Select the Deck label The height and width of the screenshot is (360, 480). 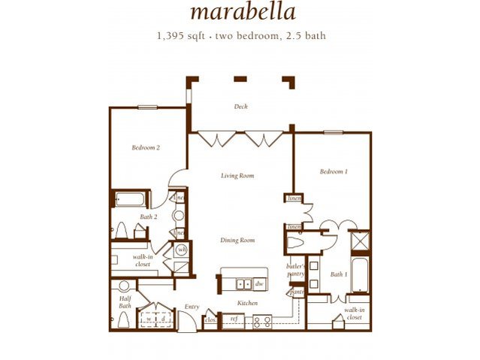click(240, 107)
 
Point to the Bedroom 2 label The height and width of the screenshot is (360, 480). click(145, 148)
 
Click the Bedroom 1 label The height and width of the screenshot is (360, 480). click(333, 171)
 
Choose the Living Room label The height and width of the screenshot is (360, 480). click(237, 176)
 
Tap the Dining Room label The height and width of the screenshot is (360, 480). click(237, 241)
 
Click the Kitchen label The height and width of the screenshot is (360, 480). click(247, 303)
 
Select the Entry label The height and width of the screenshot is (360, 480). click(192, 307)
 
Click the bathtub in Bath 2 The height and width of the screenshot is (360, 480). click(133, 199)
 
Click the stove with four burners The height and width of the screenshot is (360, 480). click(262, 321)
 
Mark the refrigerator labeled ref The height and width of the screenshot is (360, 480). click(233, 319)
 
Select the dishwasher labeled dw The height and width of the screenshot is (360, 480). click(258, 284)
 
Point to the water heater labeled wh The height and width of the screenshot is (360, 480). click(181, 249)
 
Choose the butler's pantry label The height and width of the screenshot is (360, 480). click(294, 270)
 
